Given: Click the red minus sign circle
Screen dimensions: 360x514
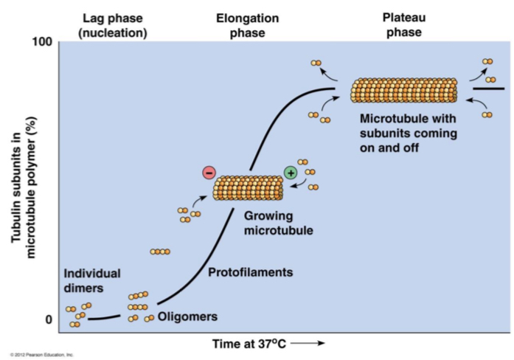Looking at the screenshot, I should [209, 173].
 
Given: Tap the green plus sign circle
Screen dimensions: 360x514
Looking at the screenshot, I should [291, 173].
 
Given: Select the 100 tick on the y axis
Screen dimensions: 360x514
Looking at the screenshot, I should [42, 41].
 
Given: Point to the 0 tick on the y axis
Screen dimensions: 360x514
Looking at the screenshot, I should [49, 319].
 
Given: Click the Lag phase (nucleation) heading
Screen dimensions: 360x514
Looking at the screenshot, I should [113, 25].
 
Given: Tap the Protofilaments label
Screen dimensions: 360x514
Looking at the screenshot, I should [250, 272].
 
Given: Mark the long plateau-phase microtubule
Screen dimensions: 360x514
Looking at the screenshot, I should [403, 90].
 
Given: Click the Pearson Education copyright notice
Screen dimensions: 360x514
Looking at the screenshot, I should [42, 355].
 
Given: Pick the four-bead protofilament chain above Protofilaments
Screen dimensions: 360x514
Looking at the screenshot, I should [160, 252].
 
